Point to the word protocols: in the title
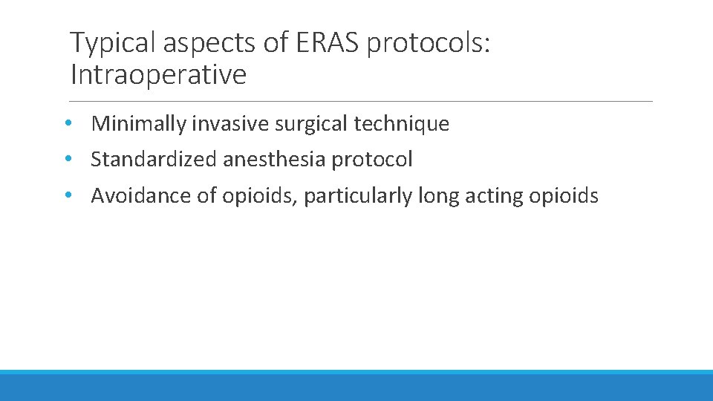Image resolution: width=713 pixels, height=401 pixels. click(x=428, y=44)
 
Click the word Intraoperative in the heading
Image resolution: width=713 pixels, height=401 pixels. click(x=157, y=75)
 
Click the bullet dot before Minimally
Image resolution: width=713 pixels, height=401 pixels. click(x=68, y=123)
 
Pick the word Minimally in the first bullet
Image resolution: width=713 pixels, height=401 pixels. click(x=138, y=124)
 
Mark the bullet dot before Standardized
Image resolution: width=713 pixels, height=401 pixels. click(x=68, y=159)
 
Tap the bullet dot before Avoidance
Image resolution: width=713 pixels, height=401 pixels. click(x=68, y=195)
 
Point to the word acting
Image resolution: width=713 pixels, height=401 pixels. click(x=491, y=195)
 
